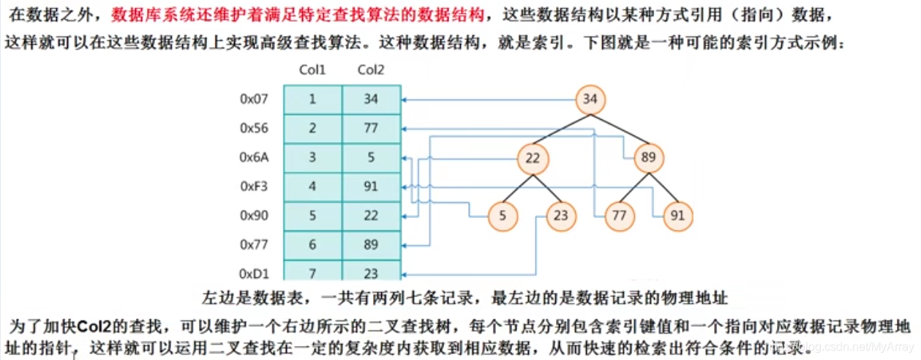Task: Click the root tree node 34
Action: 591,100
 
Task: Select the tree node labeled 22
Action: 532,158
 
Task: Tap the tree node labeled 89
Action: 649,158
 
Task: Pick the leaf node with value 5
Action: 503,216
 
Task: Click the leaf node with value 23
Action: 561,216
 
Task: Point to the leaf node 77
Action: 620,216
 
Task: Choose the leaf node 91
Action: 678,216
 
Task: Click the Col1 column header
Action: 312,70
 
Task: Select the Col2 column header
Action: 371,70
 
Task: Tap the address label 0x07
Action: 254,100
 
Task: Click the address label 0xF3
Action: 254,187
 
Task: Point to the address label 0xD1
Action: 254,274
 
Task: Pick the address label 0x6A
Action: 254,157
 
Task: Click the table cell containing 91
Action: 371,187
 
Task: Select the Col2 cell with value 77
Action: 371,129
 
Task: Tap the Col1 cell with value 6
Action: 312,245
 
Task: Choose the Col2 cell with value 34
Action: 371,100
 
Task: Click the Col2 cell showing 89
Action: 371,245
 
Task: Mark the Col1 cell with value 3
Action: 312,157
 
